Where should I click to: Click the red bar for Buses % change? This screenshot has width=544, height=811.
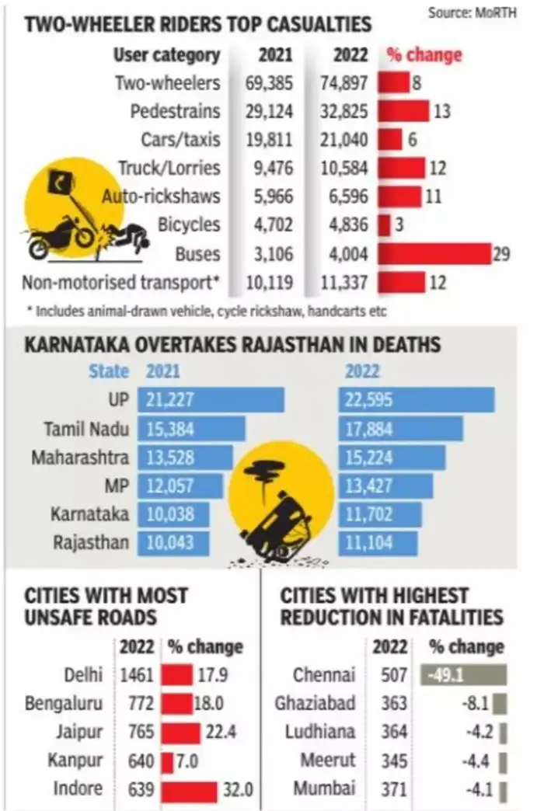tap(434, 254)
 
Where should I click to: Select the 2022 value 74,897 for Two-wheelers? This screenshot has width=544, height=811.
tap(344, 82)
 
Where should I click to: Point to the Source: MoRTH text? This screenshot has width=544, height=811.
tap(482, 12)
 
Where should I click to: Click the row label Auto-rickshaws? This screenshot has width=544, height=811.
tap(161, 197)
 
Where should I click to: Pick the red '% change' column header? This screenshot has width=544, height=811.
tap(424, 55)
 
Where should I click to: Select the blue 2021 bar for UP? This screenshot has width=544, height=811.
tap(211, 400)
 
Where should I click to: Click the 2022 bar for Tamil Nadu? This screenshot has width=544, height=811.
tap(400, 429)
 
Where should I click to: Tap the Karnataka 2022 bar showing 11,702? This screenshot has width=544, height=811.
tap(380, 514)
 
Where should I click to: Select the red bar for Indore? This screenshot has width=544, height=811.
tap(189, 791)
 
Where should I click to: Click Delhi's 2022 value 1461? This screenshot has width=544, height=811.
tap(138, 674)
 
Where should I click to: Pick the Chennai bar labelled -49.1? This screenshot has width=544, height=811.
tap(463, 674)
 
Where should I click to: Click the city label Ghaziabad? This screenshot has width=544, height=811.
tap(315, 703)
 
